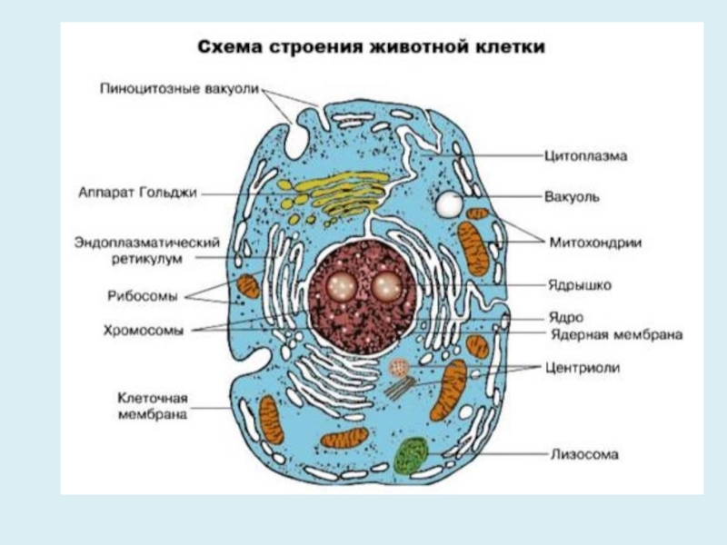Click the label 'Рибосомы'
[150, 293]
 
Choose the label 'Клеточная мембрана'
[153, 406]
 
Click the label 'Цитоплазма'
[586, 156]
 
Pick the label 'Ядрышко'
[580, 285]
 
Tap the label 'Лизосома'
[583, 451]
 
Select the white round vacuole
[447, 204]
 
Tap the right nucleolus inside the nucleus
[386, 287]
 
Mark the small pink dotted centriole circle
[398, 368]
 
